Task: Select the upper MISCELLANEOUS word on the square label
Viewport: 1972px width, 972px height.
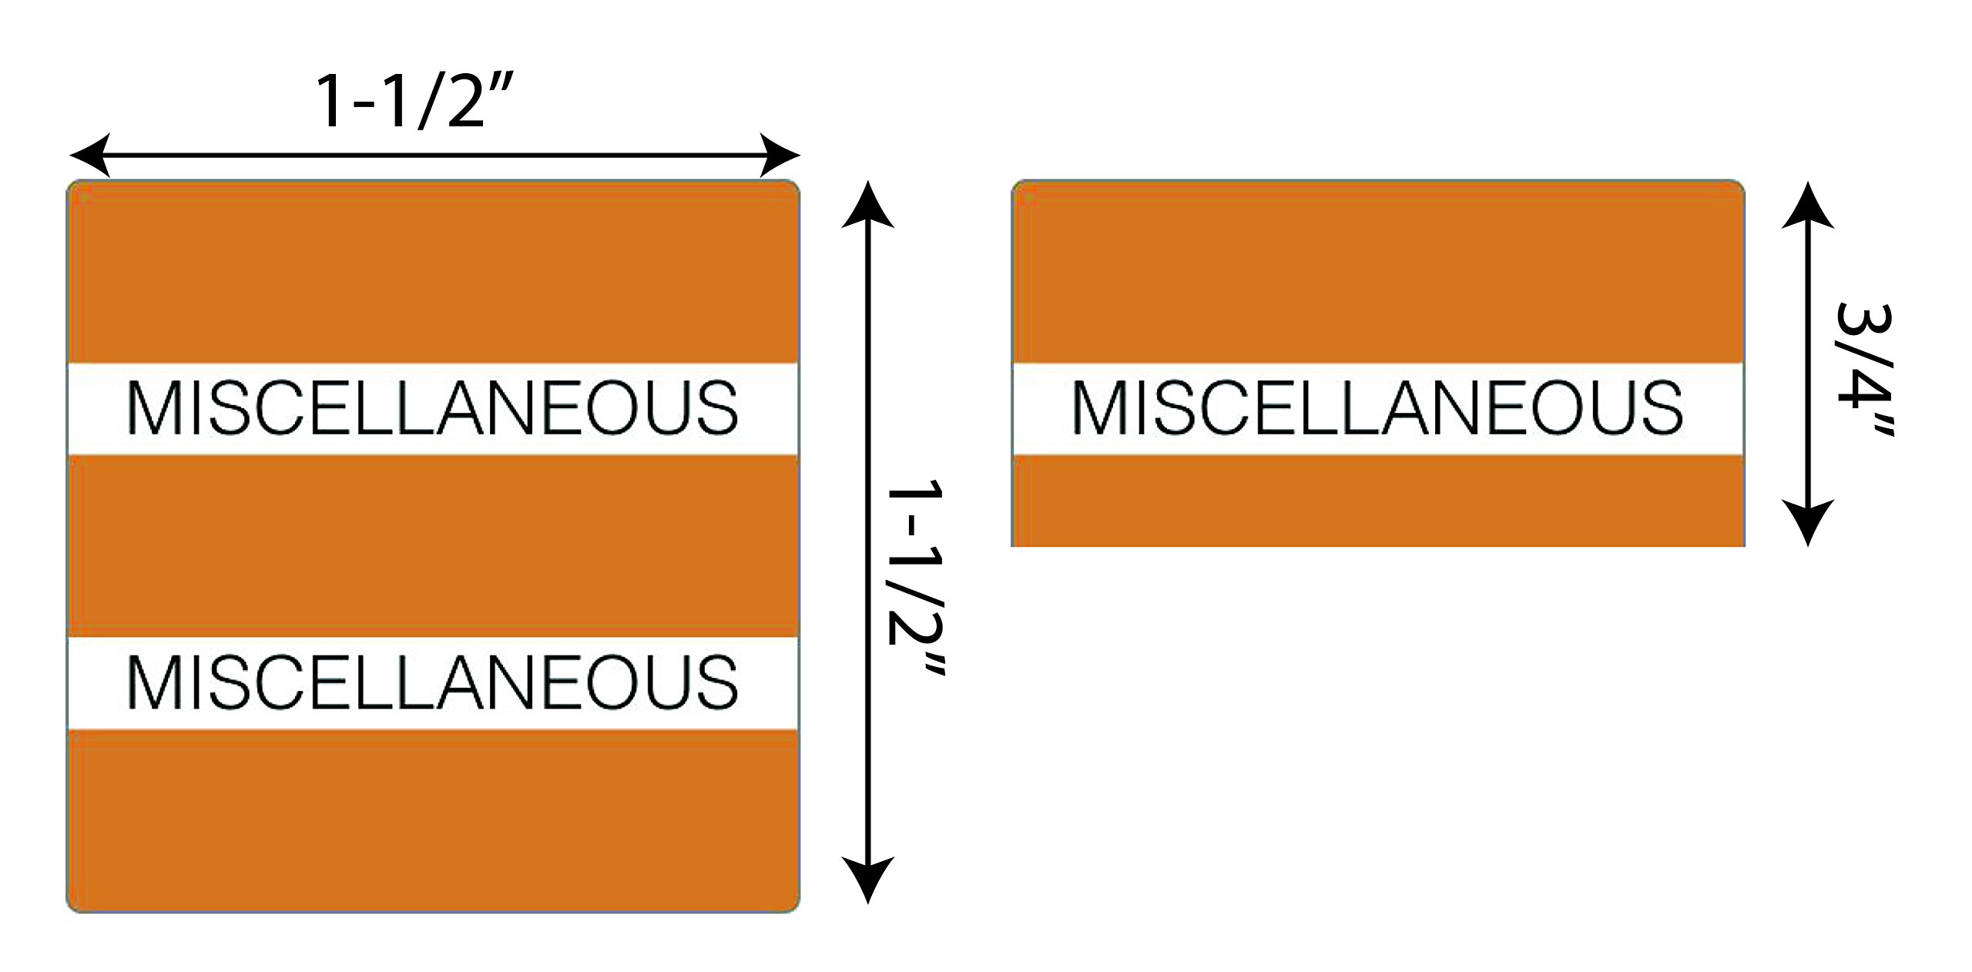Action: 432,407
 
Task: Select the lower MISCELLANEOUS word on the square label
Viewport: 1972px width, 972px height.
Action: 432,682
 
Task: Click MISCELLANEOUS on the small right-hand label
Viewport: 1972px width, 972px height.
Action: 1377,407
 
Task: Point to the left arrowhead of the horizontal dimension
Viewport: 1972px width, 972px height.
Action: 89,156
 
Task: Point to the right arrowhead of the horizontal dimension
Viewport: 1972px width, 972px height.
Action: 780,156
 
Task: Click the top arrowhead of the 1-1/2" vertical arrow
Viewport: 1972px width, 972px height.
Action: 868,204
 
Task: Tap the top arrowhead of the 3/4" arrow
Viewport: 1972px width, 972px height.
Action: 1807,206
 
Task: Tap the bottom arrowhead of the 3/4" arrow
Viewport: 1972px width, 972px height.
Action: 1807,524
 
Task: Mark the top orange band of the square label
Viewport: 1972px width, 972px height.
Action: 432,273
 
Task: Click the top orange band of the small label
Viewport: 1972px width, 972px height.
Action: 1377,273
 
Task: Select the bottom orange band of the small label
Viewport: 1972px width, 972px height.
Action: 1377,501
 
